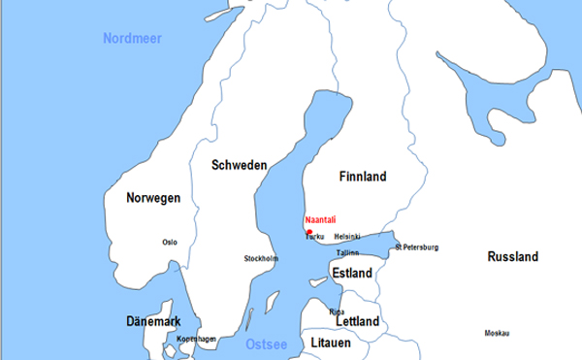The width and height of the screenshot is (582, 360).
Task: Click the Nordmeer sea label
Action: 132,38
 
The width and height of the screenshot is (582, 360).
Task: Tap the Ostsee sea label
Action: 266,344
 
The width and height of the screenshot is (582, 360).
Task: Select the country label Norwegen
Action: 153,198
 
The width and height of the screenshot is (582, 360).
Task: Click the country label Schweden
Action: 239,166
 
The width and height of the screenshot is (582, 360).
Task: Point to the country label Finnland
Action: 363,177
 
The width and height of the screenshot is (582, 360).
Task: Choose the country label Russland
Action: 512,258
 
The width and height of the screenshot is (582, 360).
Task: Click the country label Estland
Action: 351,274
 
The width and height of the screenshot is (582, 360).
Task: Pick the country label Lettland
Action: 357,321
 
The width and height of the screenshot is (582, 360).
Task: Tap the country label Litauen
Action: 330,344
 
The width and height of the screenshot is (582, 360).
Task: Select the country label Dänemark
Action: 153,321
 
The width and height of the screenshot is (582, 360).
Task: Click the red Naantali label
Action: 320,220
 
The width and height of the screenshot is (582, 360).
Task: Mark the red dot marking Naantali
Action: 308,231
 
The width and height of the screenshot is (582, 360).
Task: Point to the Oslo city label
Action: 170,243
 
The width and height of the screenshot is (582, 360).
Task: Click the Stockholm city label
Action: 261,259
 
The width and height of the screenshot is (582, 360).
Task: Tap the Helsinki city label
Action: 346,237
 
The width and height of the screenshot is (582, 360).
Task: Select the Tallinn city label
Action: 347,252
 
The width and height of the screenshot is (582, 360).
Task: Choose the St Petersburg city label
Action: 416,247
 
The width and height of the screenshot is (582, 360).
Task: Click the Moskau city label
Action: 496,334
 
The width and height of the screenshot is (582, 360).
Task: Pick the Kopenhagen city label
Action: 197,339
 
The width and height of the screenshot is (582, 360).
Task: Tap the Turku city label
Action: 315,237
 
